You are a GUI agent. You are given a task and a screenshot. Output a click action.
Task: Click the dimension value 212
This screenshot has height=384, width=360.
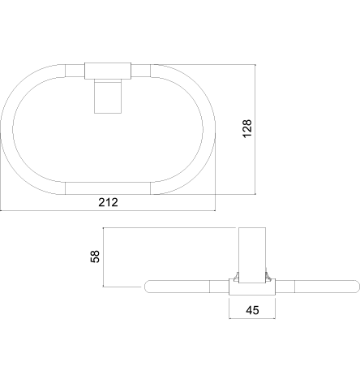108,202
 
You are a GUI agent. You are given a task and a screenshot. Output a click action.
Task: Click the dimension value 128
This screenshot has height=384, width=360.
247,128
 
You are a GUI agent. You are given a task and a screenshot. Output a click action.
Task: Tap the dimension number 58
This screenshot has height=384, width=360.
95,257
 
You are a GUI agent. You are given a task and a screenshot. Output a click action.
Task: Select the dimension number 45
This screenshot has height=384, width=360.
252,310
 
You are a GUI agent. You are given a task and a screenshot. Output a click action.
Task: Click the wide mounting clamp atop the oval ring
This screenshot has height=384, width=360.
108,71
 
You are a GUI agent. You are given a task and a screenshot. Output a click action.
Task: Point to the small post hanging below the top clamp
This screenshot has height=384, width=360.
108,97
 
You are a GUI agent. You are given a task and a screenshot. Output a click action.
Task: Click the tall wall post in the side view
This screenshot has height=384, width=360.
252,255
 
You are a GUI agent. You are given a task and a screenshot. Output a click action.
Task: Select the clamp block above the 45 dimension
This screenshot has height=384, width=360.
252,287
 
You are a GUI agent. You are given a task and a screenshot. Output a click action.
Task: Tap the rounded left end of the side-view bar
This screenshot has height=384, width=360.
148,287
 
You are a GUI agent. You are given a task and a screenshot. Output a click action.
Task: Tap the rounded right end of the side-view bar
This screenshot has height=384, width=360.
357,287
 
